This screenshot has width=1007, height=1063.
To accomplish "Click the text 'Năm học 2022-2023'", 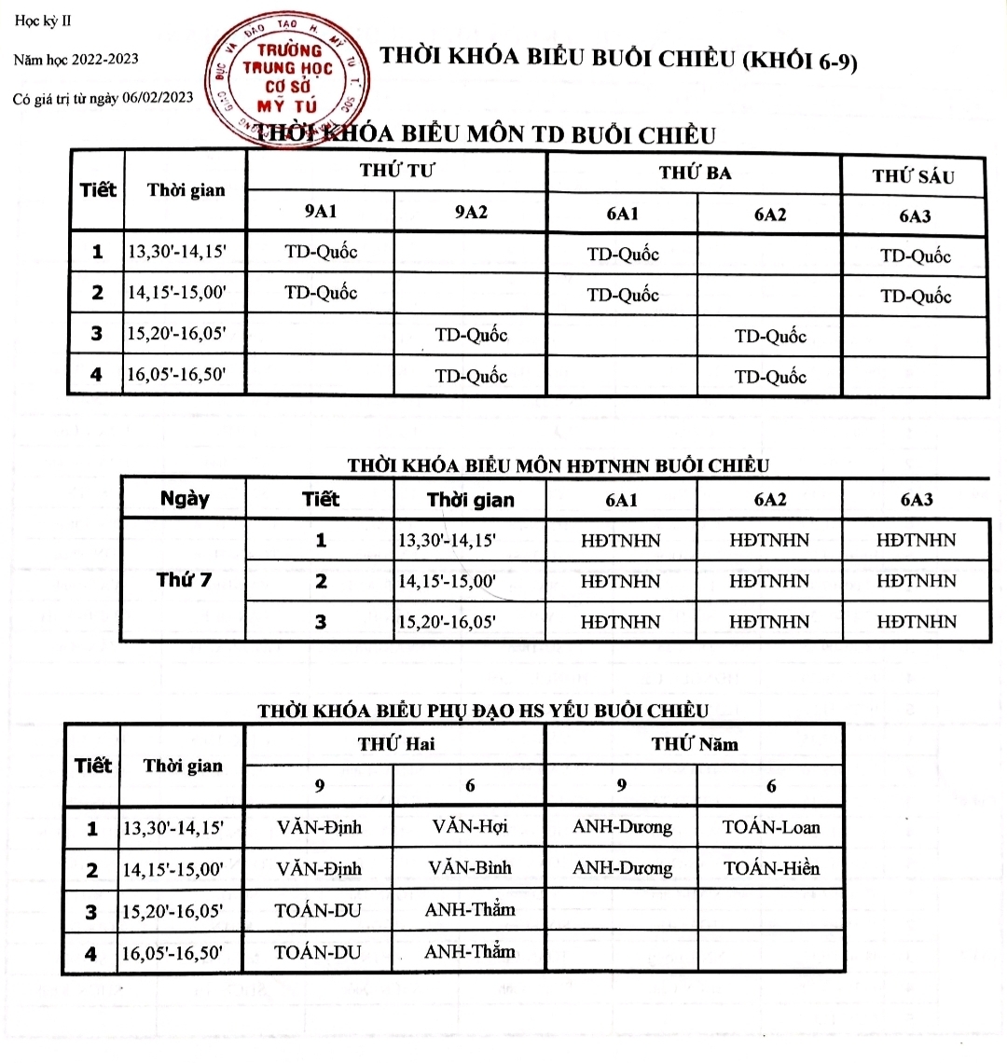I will pyautogui.click(x=76, y=60).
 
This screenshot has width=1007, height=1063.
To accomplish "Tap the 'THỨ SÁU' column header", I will pyautogui.click(x=913, y=176).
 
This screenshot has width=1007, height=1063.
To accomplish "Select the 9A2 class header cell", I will pyautogui.click(x=471, y=213).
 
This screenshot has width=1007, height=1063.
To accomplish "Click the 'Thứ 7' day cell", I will pyautogui.click(x=184, y=580).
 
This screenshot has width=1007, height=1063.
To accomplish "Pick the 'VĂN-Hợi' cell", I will pyautogui.click(x=470, y=827).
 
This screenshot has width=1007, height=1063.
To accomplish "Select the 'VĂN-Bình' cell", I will pyautogui.click(x=470, y=868).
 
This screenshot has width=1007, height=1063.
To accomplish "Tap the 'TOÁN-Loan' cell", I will pyautogui.click(x=771, y=827).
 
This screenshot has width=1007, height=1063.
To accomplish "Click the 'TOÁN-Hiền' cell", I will pyautogui.click(x=771, y=869).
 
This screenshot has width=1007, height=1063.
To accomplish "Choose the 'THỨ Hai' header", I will pyautogui.click(x=395, y=744).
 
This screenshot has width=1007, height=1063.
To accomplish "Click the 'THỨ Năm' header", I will pyautogui.click(x=695, y=744).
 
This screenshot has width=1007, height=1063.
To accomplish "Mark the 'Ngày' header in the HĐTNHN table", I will pyautogui.click(x=185, y=499).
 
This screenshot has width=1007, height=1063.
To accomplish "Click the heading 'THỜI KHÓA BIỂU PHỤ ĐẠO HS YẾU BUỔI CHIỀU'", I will pyautogui.click(x=482, y=711).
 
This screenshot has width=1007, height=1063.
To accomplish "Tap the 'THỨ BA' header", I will pyautogui.click(x=695, y=173).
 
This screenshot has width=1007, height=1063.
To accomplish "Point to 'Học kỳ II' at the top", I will pyautogui.click(x=43, y=21).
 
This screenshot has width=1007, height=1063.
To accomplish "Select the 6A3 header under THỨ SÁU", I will pyautogui.click(x=915, y=216).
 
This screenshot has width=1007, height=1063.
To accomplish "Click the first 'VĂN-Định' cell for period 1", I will pyautogui.click(x=319, y=827).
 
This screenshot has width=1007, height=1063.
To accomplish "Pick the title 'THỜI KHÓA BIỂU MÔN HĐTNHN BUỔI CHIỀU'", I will pyautogui.click(x=558, y=465).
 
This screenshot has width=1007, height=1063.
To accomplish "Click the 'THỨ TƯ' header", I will pyautogui.click(x=397, y=171).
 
